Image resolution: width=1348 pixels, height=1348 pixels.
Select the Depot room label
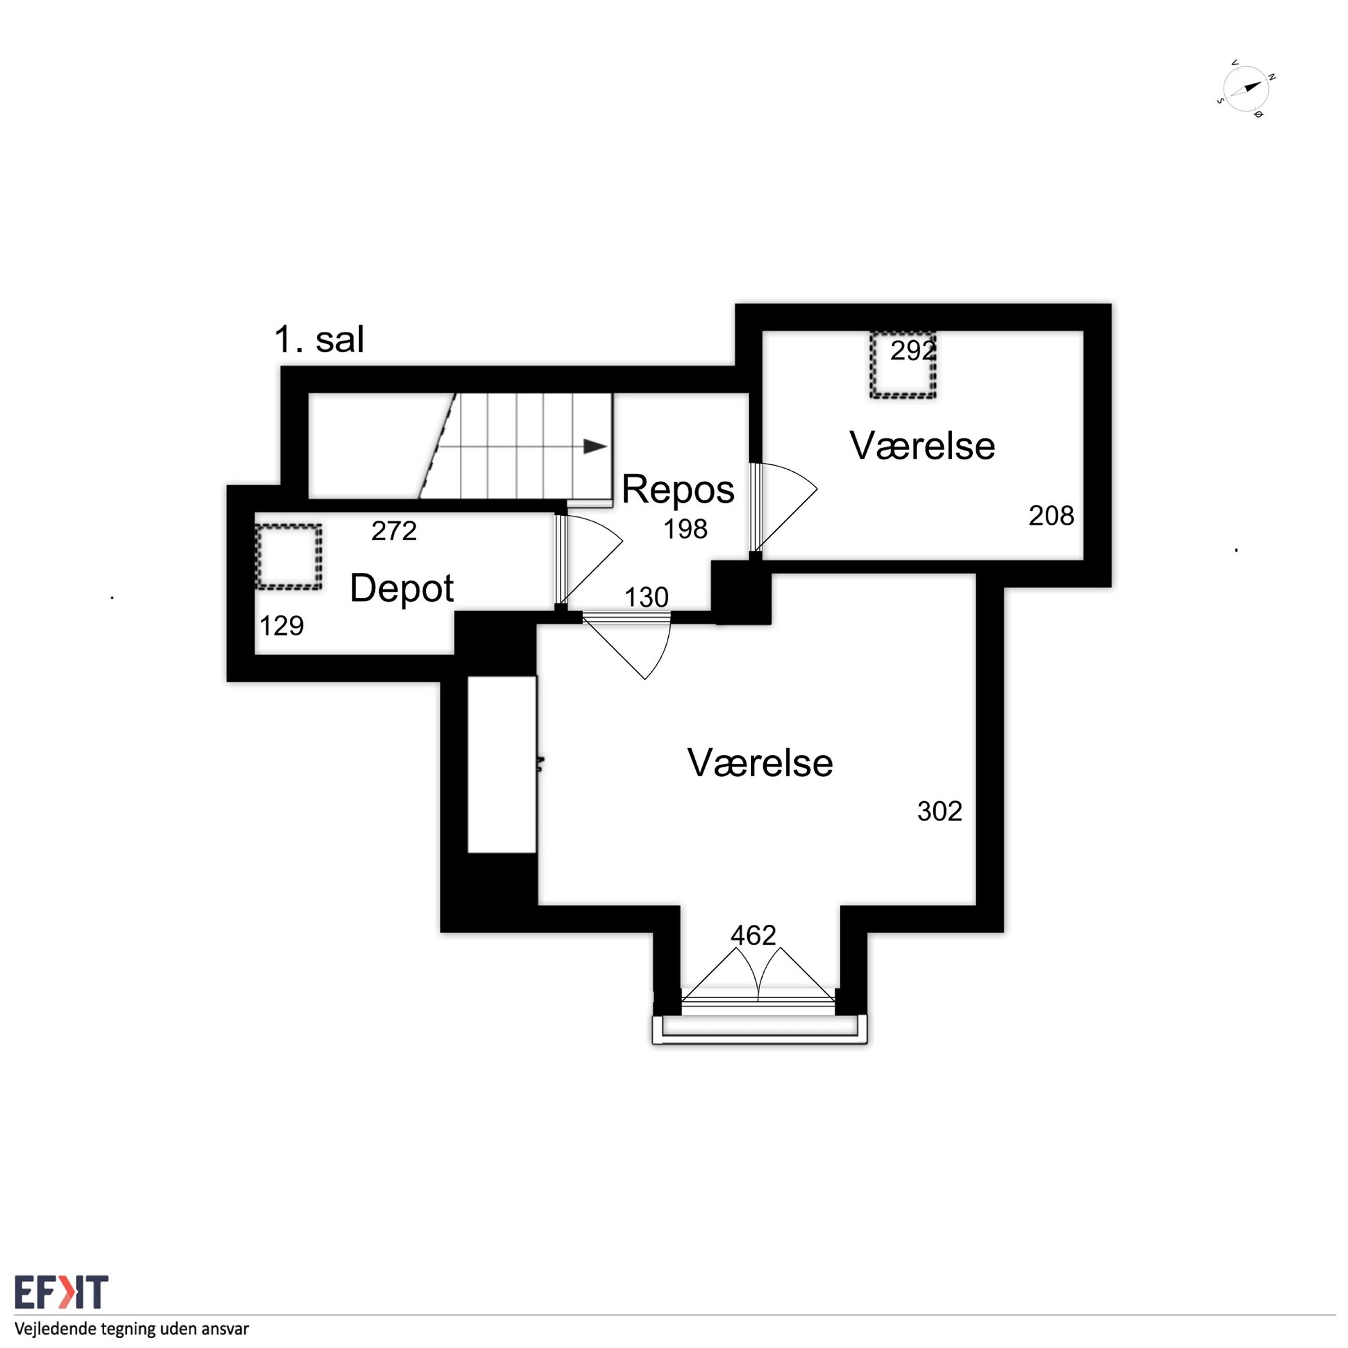coord(402,588)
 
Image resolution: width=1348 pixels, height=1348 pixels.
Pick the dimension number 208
coord(1051,516)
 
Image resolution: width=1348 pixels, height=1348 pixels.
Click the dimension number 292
coord(912,351)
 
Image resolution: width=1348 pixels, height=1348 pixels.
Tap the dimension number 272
coord(394,531)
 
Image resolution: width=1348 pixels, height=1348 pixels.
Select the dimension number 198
coord(685,529)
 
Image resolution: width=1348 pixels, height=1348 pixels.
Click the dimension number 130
coord(646,598)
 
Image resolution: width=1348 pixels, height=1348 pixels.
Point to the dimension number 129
coord(282,626)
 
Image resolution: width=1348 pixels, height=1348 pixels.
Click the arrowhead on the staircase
coord(595,446)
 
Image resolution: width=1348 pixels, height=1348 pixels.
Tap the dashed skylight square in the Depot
coord(288,557)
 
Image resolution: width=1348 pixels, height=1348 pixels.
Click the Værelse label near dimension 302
coord(760,763)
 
